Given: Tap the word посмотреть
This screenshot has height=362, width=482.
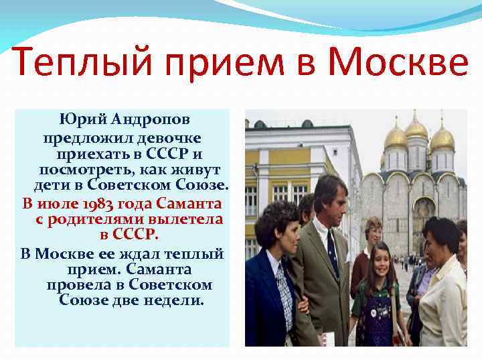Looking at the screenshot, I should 83,170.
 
